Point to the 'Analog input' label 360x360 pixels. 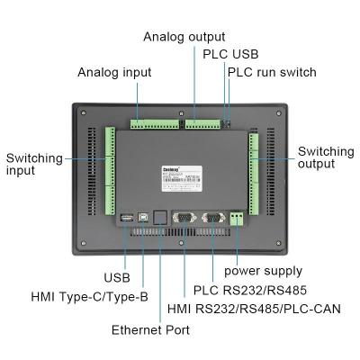coord(113,72)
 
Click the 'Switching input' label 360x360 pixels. coord(34,166)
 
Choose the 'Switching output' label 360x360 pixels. coord(326,158)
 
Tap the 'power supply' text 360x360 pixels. coord(263,271)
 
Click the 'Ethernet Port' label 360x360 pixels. coord(150,330)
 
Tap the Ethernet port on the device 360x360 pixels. coord(158,217)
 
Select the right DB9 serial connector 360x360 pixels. coord(213,217)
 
